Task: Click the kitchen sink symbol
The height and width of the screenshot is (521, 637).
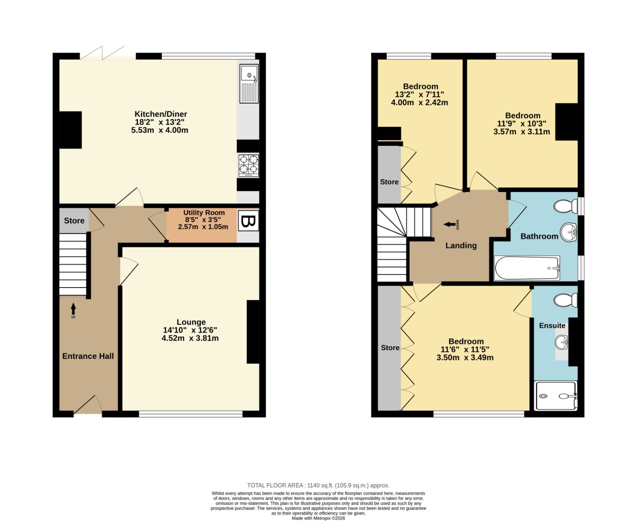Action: coord(249,83)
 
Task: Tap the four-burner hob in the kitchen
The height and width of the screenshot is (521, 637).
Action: coord(248,165)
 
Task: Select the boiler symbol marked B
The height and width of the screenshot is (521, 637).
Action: coord(248,220)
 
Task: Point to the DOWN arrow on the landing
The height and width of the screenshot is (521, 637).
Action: coord(449,224)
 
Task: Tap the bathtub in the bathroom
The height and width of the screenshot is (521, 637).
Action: coord(527,268)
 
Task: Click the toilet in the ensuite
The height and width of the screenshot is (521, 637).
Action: coord(565,300)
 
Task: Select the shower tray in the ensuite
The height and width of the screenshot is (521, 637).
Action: coord(555,396)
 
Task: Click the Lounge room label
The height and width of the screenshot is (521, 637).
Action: coord(191,322)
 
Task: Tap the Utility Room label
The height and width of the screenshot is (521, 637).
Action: coord(204,212)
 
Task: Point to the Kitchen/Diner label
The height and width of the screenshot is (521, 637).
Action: coord(161,114)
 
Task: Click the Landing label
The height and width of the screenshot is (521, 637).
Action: coord(461,245)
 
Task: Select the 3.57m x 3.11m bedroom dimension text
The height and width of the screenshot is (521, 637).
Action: coord(522,131)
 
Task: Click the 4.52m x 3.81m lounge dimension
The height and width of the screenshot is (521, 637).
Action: coord(190,338)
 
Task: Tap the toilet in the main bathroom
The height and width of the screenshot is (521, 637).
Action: coord(565,206)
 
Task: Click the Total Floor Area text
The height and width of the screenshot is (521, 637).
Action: coord(318,485)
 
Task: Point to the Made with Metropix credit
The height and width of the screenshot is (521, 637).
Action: coord(318,518)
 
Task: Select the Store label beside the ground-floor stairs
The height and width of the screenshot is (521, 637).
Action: coord(74,221)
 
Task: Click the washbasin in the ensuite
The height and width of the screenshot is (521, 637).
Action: coord(561,342)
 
